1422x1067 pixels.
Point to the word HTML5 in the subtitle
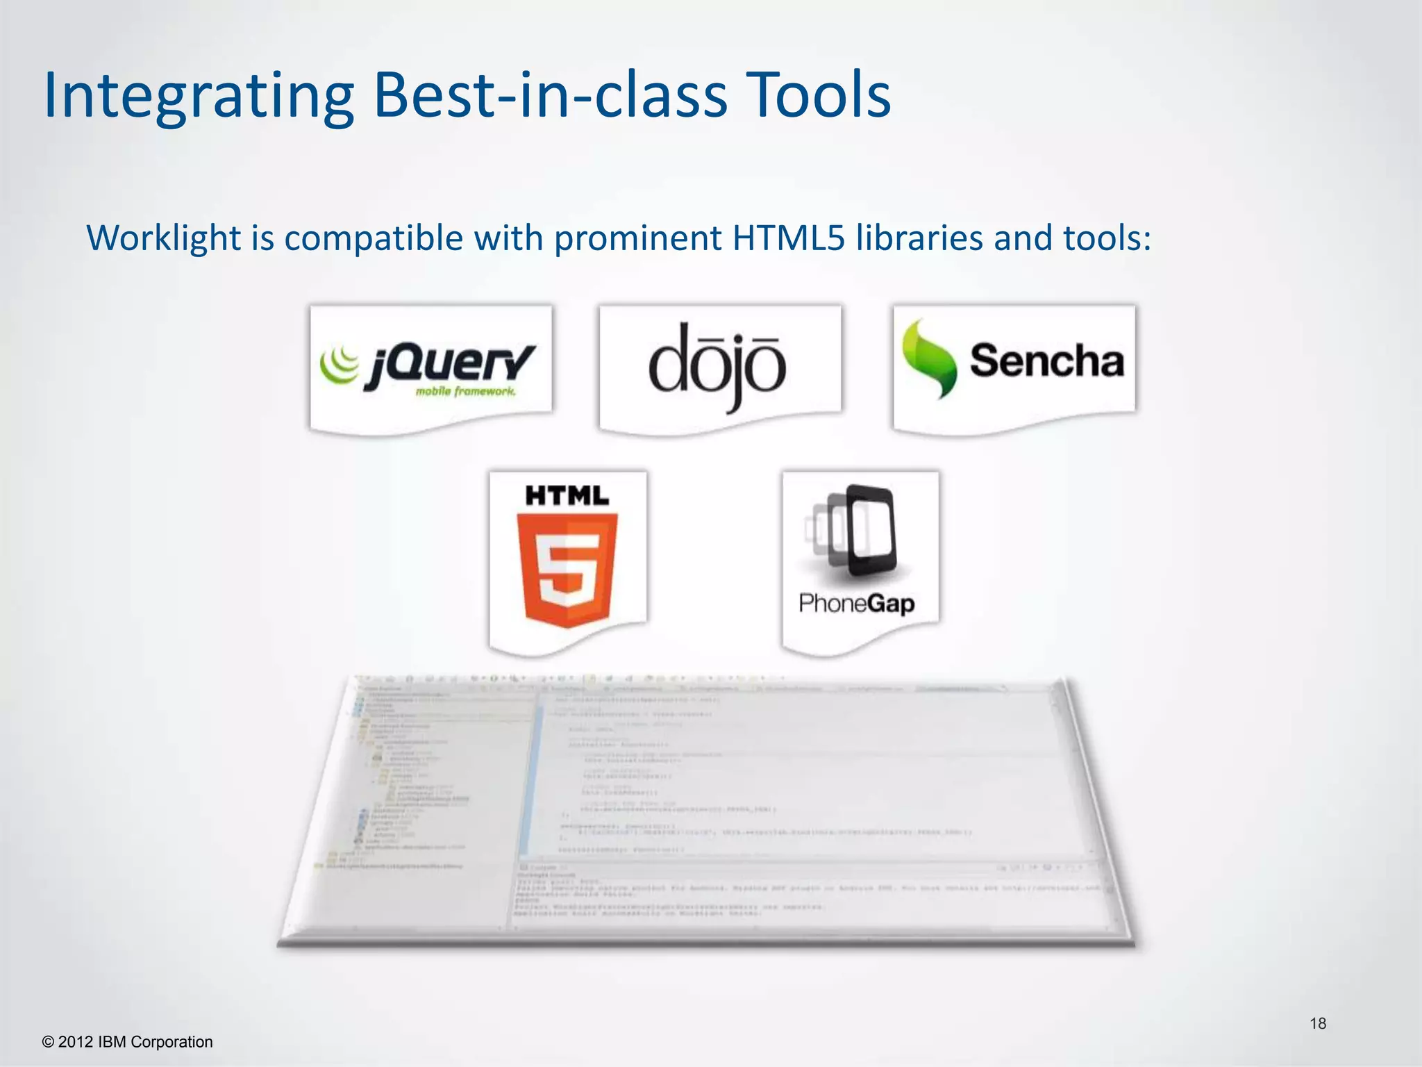788,238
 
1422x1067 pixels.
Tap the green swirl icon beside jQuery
340,364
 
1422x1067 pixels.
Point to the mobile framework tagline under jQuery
465,392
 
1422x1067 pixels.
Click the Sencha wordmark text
1046,361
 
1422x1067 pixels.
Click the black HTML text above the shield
567,496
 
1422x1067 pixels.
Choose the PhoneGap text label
856,603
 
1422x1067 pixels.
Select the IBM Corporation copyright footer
128,1042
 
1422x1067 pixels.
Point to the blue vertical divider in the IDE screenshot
532,778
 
